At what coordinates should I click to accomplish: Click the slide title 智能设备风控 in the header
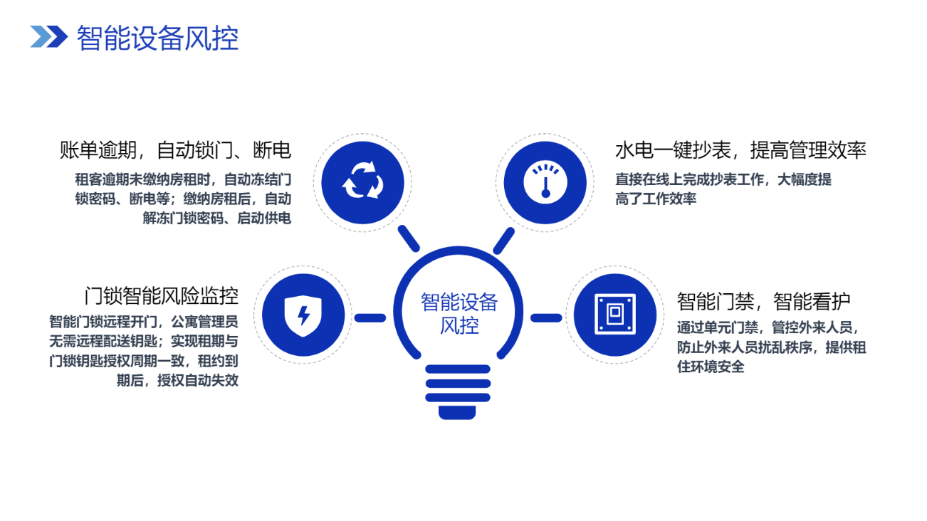pyautogui.click(x=157, y=38)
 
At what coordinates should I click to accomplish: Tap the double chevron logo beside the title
pyautogui.click(x=49, y=36)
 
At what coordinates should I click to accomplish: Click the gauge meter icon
pyautogui.click(x=545, y=182)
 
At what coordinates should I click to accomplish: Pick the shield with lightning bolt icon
pyautogui.click(x=303, y=315)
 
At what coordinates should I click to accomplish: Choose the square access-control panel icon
pyautogui.click(x=615, y=315)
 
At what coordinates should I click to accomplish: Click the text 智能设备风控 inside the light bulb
pyautogui.click(x=459, y=314)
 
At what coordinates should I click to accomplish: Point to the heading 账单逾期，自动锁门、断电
pyautogui.click(x=175, y=150)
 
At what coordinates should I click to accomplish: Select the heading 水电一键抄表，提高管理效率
pyautogui.click(x=740, y=150)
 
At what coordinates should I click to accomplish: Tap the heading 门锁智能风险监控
pyautogui.click(x=162, y=296)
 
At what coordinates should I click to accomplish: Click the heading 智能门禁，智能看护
pyautogui.click(x=763, y=301)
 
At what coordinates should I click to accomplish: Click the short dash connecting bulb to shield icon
pyautogui.click(x=370, y=318)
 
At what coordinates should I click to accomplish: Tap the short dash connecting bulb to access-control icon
pyautogui.click(x=546, y=318)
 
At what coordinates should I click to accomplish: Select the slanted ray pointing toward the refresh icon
pyautogui.click(x=409, y=238)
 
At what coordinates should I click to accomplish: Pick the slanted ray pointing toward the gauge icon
pyautogui.click(x=503, y=241)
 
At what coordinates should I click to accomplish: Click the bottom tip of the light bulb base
pyautogui.click(x=457, y=419)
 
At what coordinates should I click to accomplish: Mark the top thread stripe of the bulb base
pyautogui.click(x=458, y=369)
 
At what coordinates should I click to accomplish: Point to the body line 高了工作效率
pyautogui.click(x=656, y=199)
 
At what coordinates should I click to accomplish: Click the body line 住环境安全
pyautogui.click(x=711, y=367)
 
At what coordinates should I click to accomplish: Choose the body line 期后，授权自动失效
pyautogui.click(x=177, y=380)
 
